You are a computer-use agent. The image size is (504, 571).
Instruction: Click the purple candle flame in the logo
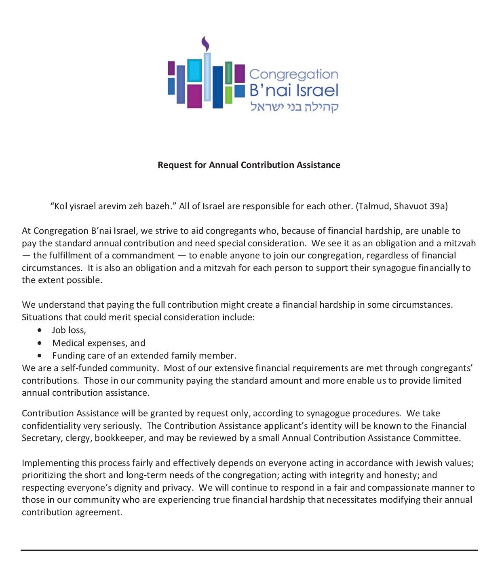pos(206,44)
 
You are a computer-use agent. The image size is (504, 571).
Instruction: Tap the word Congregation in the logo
pos(293,74)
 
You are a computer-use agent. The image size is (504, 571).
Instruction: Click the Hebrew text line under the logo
pos(294,106)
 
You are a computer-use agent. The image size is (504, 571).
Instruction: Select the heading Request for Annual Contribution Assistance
pos(249,165)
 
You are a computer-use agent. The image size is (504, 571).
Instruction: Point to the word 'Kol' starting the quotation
pos(60,206)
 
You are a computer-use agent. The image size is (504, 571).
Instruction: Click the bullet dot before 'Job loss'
pos(39,330)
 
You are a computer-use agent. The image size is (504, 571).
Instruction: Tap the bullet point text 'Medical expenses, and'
pos(99,343)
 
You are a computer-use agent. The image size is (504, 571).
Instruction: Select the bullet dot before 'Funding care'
pos(39,356)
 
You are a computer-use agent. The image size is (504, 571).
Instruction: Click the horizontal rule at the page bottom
pos(249,550)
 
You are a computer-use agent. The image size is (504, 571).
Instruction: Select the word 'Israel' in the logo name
pos(316,90)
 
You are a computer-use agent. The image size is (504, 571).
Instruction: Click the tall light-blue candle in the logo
pos(207,77)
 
